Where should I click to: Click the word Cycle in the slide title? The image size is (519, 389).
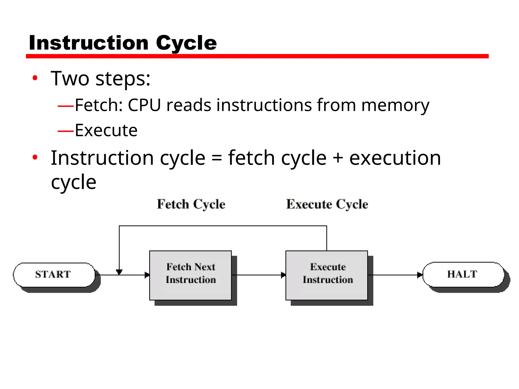186,43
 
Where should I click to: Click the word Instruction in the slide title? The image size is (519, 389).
89,43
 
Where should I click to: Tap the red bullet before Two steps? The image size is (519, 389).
35,78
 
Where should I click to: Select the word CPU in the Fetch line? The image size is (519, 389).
144,105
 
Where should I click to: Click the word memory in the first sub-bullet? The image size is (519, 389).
395,105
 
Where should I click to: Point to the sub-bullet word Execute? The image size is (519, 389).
106,130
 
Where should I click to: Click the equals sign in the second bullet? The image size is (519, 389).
217,159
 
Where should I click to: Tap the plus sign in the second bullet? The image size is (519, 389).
338,159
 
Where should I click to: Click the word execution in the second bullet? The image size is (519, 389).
395,158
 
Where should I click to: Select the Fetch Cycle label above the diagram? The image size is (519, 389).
191,204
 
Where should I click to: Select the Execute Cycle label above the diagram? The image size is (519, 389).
327,204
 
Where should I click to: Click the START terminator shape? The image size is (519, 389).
54,275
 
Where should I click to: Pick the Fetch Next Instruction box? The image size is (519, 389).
191,275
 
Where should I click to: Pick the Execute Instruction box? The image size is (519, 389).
327,275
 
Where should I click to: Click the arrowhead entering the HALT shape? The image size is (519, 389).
420,275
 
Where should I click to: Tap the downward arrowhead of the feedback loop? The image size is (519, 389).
119,272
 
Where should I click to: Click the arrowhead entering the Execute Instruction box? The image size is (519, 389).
283,275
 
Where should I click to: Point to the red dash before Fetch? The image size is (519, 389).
66,106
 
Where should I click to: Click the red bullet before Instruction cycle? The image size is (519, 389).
35,158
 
